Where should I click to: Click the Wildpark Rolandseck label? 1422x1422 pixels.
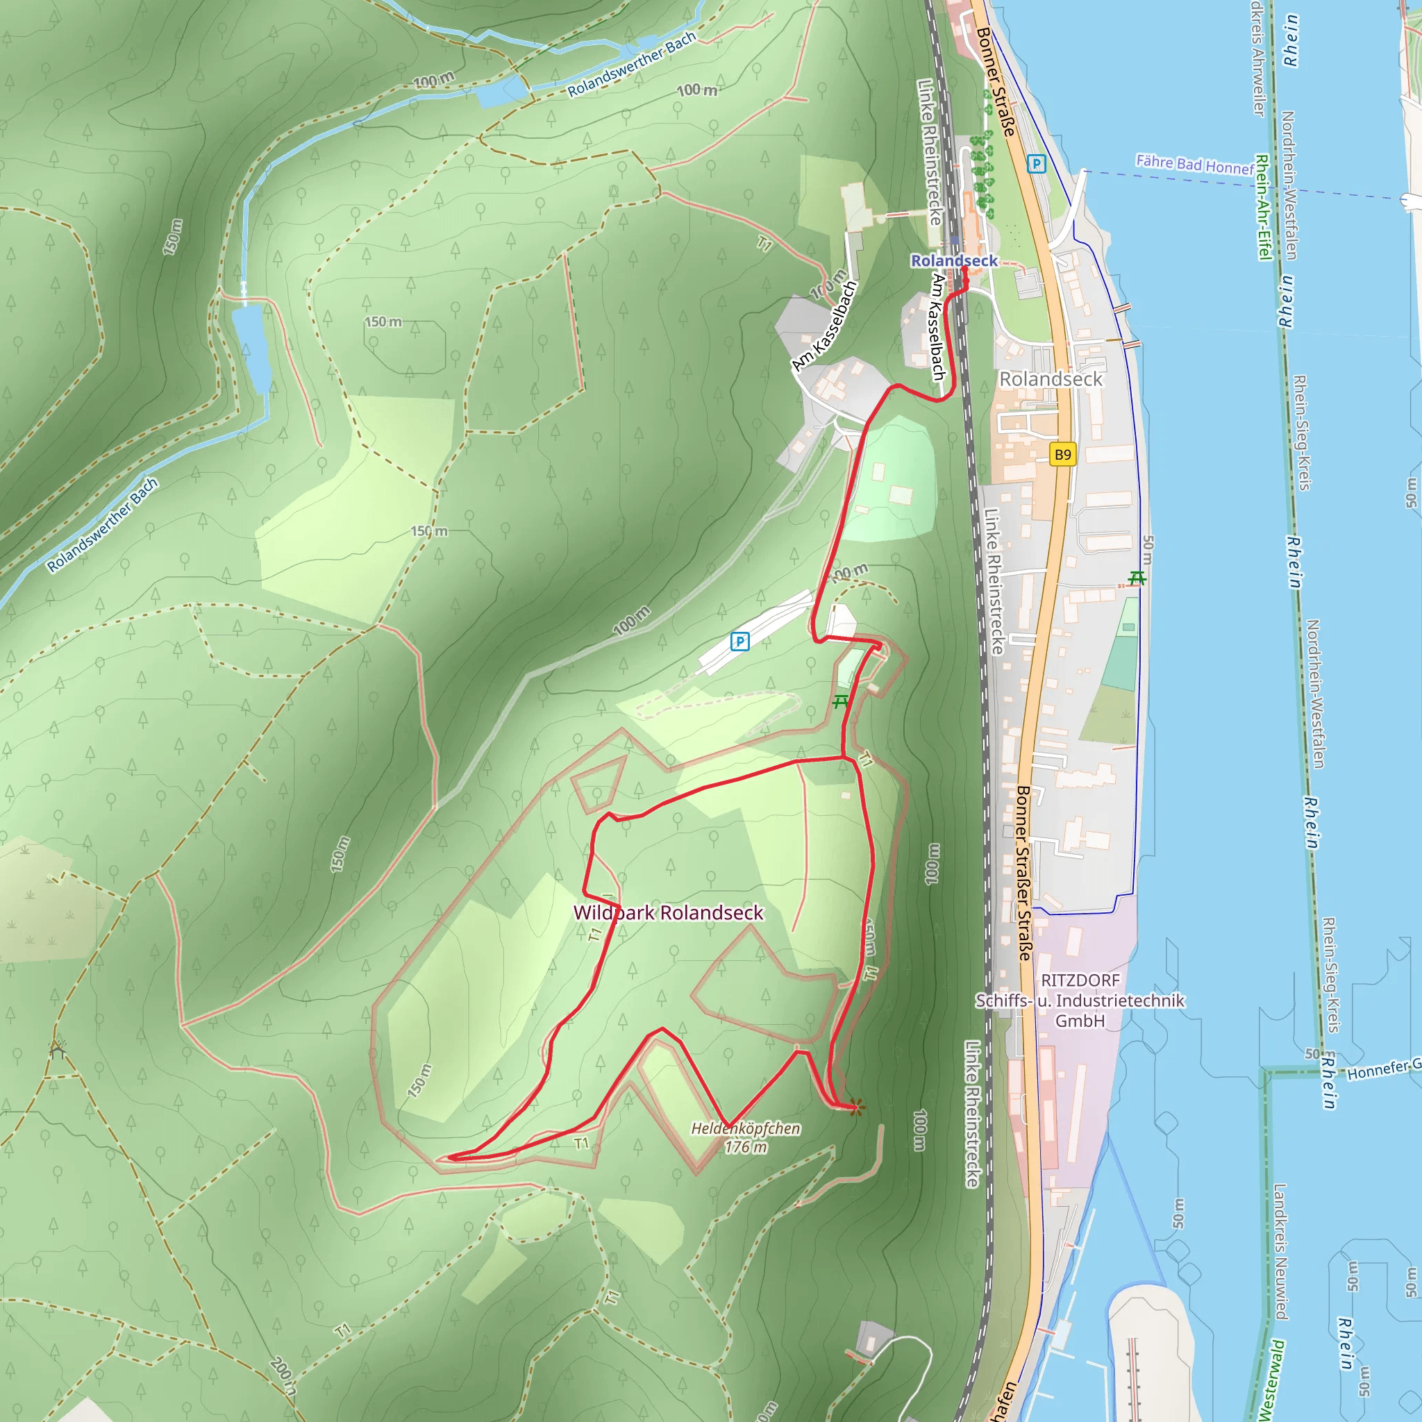669,912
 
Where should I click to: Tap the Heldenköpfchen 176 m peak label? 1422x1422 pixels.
746,1137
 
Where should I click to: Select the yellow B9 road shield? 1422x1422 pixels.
1063,454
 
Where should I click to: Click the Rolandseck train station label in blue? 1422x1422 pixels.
954,260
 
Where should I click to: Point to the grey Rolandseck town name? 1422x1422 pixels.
1051,379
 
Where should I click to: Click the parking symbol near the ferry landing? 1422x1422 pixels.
1037,163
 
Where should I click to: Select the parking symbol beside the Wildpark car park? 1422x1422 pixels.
739,641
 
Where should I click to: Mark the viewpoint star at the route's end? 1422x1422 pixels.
856,1107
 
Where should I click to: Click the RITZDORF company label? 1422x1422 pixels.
1080,980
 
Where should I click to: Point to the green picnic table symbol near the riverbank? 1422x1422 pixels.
1137,578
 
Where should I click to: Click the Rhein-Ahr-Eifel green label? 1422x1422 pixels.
1263,207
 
